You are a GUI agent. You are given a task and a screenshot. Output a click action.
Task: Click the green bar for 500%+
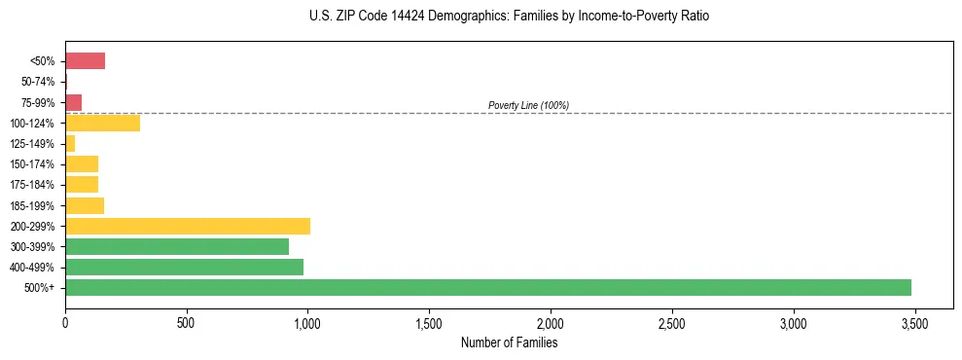pos(488,288)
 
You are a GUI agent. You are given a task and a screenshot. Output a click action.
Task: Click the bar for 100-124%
pos(102,124)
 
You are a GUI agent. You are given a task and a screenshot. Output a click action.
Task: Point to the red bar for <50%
pos(85,61)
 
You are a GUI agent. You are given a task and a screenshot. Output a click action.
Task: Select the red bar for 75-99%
pos(73,102)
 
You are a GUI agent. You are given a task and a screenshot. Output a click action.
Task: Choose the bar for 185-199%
pos(85,205)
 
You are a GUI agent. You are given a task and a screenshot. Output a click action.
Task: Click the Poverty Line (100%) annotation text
pos(528,105)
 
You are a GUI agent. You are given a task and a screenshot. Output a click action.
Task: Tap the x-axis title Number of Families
pos(509,342)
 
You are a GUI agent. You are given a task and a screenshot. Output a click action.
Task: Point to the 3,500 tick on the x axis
pos(914,321)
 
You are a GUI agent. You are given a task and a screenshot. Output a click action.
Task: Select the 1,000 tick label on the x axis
pos(307,321)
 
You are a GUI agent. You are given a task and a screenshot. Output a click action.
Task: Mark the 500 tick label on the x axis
pos(187,321)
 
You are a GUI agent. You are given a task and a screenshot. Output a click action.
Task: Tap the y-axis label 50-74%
pos(39,82)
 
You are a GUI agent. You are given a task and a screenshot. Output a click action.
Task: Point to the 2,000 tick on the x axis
pos(551,321)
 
